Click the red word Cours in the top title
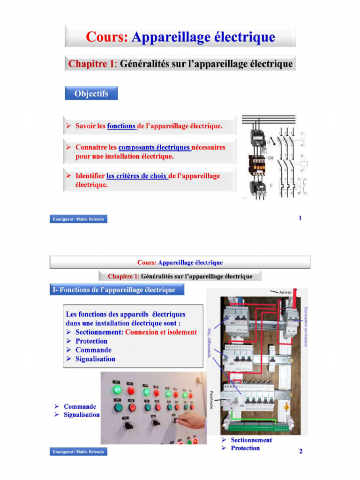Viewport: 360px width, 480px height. click(x=106, y=37)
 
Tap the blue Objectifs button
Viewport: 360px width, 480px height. click(x=91, y=94)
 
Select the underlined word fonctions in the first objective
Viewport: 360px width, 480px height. click(x=121, y=126)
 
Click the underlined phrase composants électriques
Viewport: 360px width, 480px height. click(x=155, y=147)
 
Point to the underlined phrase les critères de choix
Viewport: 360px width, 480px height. click(x=136, y=176)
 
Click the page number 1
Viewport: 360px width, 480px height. click(x=300, y=218)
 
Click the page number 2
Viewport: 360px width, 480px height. click(x=300, y=451)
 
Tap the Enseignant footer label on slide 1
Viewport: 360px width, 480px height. click(x=78, y=219)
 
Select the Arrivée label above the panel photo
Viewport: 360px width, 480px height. click(x=285, y=292)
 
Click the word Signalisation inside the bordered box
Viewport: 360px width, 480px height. click(x=95, y=359)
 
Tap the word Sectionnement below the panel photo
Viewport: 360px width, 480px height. click(x=251, y=440)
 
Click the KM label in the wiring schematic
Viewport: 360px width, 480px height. click(x=270, y=158)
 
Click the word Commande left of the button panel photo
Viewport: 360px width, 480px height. click(x=80, y=406)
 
